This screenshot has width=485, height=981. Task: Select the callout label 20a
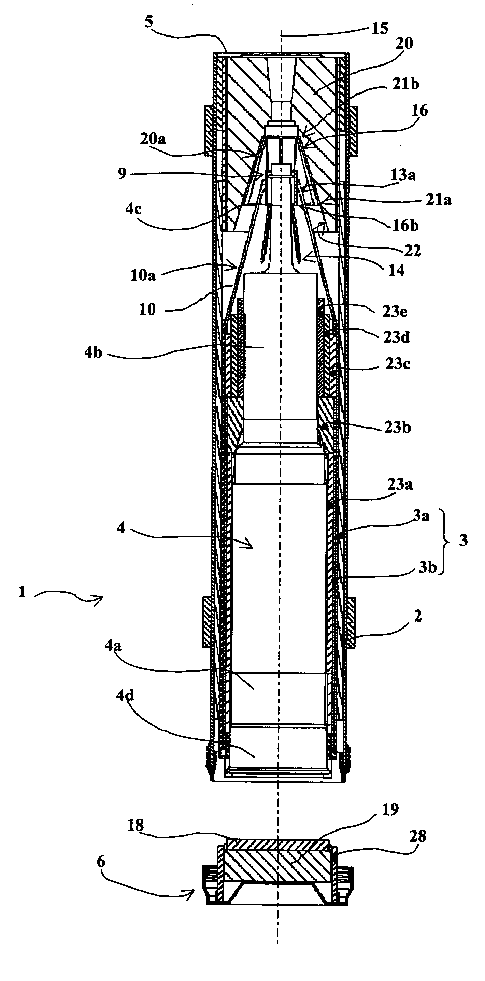point(153,139)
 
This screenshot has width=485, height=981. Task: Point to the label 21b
point(406,84)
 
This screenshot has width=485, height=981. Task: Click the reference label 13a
point(403,175)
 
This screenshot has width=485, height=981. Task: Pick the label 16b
point(406,226)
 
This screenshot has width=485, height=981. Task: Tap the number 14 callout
point(396,270)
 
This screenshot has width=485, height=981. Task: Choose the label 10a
point(143,275)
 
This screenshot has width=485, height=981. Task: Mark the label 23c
point(398,364)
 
